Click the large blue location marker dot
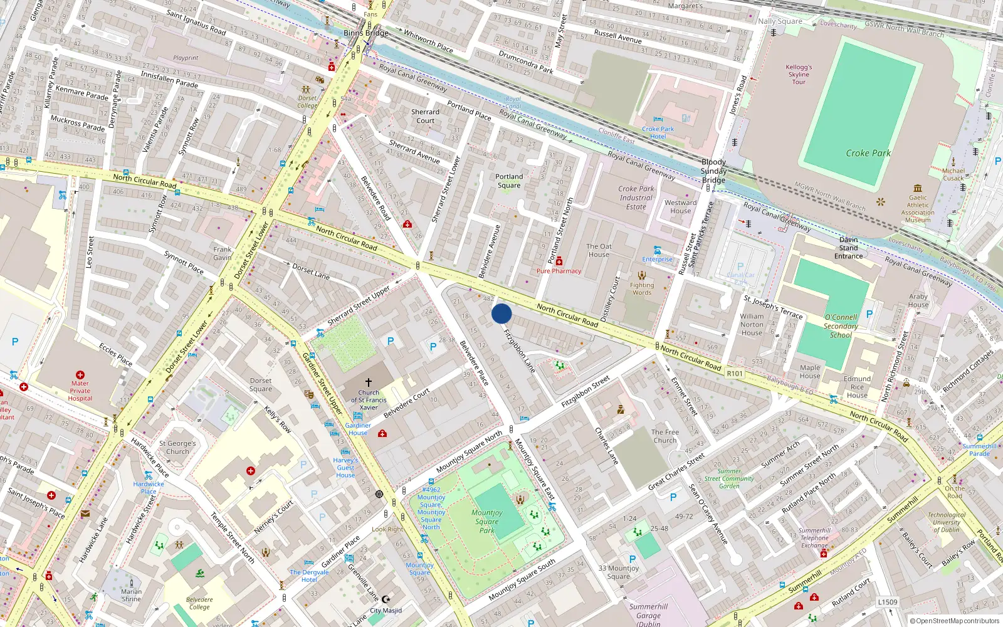coord(501,313)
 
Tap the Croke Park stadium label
coord(868,153)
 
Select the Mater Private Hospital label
coord(80,391)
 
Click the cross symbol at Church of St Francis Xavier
coord(369,382)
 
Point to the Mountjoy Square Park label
coord(487,521)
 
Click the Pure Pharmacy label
coord(559,271)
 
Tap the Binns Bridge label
coord(366,33)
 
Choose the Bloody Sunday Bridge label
coord(713,171)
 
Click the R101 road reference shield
coord(734,374)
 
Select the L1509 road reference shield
coord(887,602)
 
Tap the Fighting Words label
coord(641,288)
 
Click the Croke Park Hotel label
coord(658,132)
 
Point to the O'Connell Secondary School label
coord(841,326)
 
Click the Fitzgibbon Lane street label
coord(520,351)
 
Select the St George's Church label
coord(177,447)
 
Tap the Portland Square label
coord(509,181)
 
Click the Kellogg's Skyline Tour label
coord(799,74)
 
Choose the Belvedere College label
coord(199,603)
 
